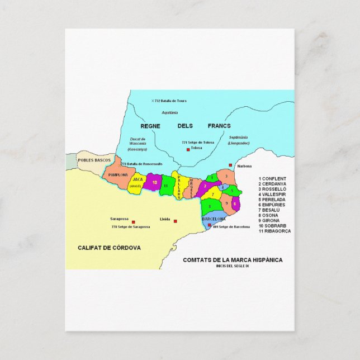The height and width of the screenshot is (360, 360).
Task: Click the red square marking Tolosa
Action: (188, 149)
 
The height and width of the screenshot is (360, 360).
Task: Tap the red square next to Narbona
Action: (230, 165)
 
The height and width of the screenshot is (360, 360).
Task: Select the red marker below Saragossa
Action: (134, 220)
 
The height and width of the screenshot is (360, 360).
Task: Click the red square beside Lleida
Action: (175, 220)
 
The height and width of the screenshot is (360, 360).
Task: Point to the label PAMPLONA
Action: (118, 174)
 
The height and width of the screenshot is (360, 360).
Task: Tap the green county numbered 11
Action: (166, 185)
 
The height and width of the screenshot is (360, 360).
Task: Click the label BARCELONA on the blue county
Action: (213, 219)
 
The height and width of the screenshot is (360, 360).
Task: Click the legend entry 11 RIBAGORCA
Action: (274, 231)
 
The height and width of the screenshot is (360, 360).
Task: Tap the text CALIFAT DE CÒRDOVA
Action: (109, 247)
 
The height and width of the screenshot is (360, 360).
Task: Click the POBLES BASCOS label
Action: (94, 160)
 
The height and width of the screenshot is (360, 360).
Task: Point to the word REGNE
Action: (150, 126)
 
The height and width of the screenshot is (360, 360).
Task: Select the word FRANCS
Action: (219, 126)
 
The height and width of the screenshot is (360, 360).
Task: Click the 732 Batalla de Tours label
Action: (169, 101)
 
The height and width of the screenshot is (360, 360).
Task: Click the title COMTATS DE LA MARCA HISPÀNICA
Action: (233, 260)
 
